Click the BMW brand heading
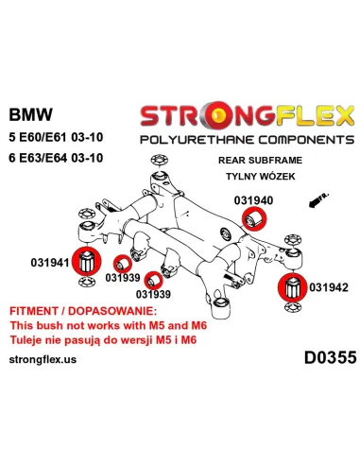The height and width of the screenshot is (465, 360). (30, 114)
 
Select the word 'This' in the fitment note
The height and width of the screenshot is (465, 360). (22, 324)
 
